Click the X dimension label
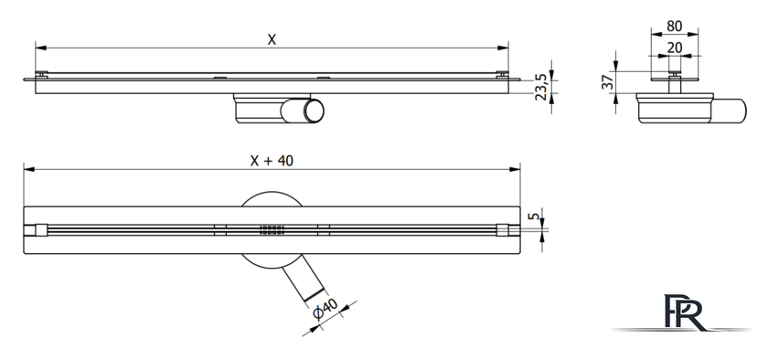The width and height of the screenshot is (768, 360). [x=272, y=39]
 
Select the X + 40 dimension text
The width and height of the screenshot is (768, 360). [x=272, y=161]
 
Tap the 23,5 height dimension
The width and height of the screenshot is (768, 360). [x=540, y=87]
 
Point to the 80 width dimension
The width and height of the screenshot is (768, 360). [x=675, y=26]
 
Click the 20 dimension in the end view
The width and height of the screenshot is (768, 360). [x=675, y=48]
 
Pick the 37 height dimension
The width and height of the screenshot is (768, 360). [x=608, y=82]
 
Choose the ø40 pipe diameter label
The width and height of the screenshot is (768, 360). [x=325, y=310]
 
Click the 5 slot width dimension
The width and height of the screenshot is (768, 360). [x=536, y=216]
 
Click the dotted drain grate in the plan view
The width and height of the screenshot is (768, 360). [x=272, y=230]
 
